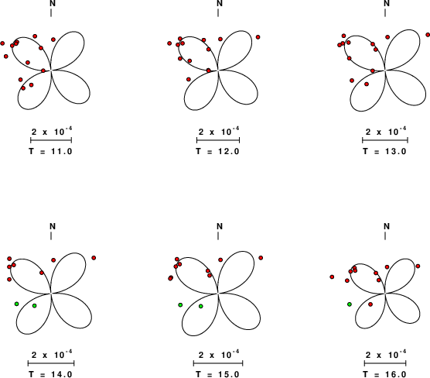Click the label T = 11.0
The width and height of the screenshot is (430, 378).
(51, 151)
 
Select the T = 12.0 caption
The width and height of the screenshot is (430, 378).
(218, 151)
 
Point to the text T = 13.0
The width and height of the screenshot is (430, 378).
(384, 151)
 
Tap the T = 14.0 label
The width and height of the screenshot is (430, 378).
(51, 374)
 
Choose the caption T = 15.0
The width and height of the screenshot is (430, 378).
(218, 374)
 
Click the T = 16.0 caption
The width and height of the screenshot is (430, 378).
(384, 374)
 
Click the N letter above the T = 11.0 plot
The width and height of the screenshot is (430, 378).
(53, 3)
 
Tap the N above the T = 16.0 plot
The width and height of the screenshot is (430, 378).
(387, 226)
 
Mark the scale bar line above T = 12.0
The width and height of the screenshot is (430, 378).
(218, 140)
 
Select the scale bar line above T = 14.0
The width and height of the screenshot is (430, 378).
(51, 363)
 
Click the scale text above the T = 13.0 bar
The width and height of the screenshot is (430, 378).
(386, 132)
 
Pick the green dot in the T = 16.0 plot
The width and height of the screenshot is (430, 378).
(350, 304)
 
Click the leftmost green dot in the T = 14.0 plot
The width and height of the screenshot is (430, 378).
(16, 304)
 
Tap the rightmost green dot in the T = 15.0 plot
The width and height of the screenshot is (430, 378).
(201, 306)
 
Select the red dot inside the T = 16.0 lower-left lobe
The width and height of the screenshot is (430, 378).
(370, 304)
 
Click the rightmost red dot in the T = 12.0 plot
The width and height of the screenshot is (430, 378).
(258, 37)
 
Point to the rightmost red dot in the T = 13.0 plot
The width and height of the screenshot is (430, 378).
(428, 35)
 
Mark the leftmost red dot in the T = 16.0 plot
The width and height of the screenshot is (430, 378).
(332, 277)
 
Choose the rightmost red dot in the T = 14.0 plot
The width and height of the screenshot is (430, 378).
(94, 258)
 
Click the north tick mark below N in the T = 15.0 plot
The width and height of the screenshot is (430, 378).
(218, 235)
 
